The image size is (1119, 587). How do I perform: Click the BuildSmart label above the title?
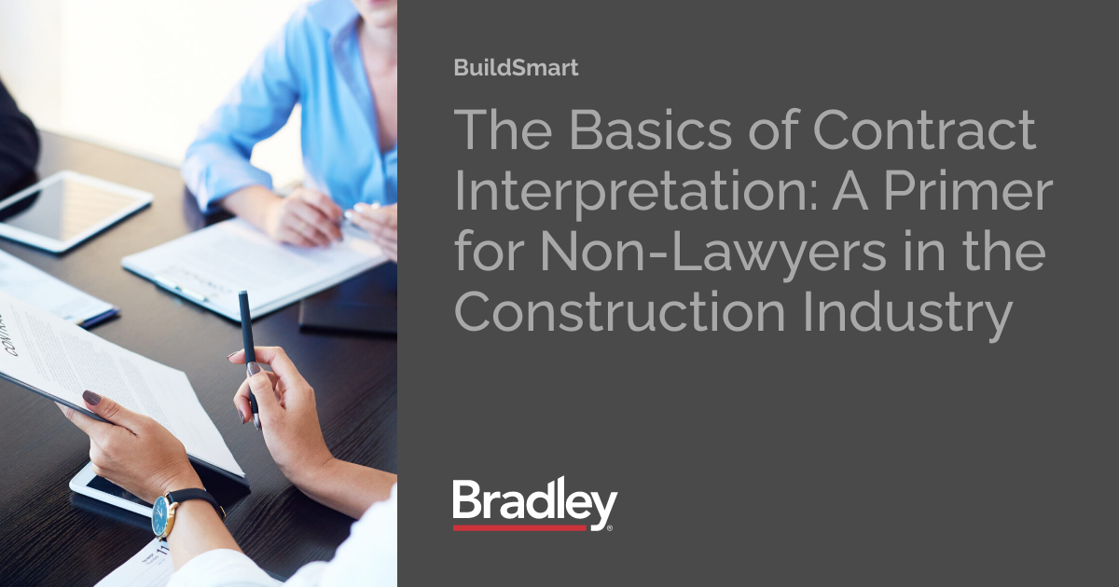click(515, 68)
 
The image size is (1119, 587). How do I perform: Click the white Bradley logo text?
click(533, 504)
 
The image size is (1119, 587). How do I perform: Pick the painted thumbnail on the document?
click(91, 398)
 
